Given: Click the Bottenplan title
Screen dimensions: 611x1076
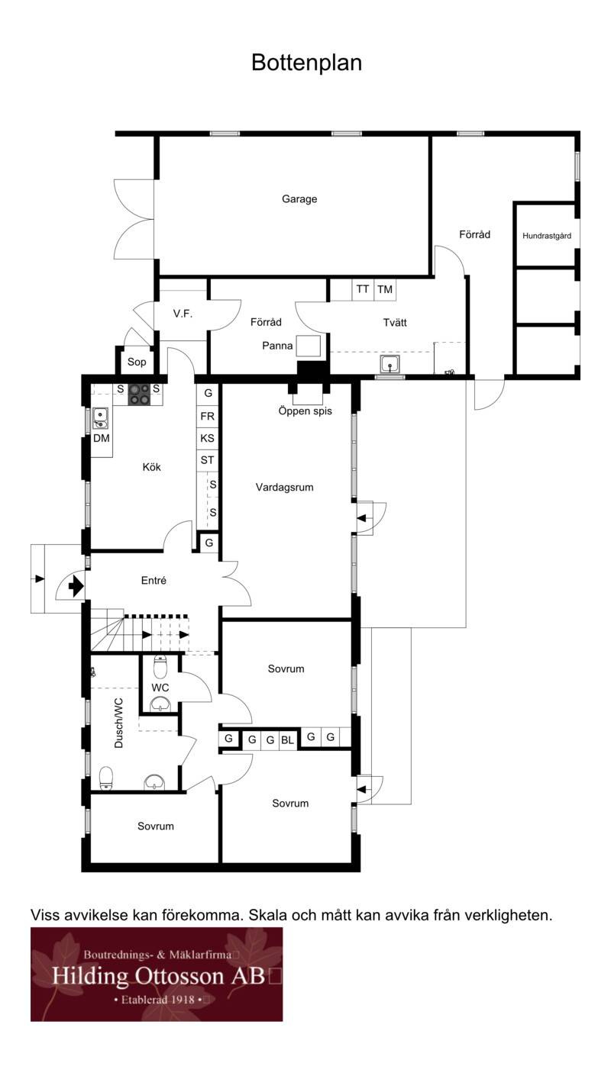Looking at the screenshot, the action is [x=306, y=63].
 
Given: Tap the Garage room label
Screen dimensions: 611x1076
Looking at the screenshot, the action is [x=299, y=199].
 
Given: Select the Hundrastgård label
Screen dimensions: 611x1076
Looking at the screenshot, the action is [x=547, y=236].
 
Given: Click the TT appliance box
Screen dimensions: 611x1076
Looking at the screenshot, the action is [x=363, y=290].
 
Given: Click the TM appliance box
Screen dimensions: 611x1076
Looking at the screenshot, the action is [x=385, y=290].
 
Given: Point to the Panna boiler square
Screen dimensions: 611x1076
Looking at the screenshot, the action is [x=308, y=346].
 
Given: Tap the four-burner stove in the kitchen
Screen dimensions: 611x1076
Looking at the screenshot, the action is [x=140, y=395].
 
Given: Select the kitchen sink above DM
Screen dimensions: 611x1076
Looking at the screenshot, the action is [x=100, y=418].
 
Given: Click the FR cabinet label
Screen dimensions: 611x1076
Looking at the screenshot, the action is [x=207, y=416].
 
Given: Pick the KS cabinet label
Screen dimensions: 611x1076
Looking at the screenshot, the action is [x=207, y=438].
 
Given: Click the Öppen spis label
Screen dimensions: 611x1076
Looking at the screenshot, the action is [x=305, y=411].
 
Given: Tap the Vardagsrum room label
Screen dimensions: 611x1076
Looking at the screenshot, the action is [x=285, y=488].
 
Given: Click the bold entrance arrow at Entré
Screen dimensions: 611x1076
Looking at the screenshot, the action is [x=76, y=586].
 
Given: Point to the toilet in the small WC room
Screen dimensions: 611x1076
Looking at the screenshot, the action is [x=160, y=667].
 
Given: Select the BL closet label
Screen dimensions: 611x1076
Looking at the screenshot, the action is [x=287, y=740].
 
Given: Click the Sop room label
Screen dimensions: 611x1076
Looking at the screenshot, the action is [x=137, y=362].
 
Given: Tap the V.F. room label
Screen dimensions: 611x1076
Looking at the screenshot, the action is [x=183, y=314].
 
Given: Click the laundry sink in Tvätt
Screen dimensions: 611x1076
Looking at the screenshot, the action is [x=390, y=364].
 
